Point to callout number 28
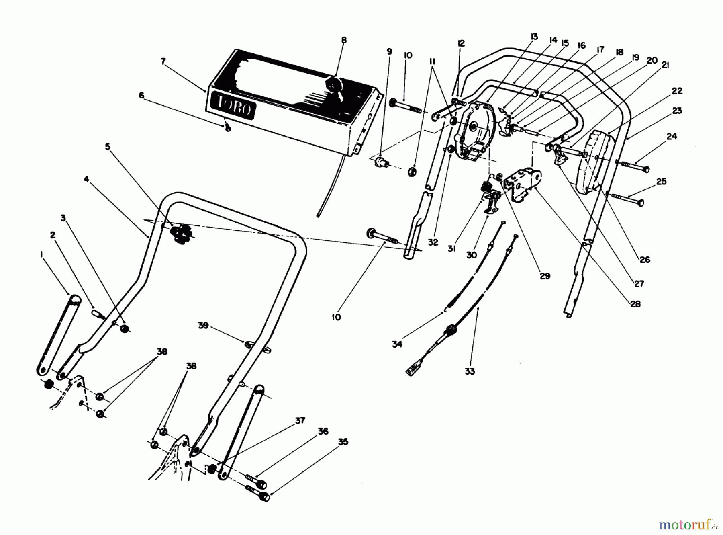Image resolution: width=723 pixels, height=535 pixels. pos(635,304)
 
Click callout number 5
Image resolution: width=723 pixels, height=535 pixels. pos(107,147)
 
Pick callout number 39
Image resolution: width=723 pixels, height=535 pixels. pos(203,325)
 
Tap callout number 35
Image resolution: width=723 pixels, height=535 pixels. pos(343,442)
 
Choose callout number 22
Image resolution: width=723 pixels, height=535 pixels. pos(677,91)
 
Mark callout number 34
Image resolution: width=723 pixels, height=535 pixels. pos(397,344)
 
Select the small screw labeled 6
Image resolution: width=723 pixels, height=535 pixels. pos(228,128)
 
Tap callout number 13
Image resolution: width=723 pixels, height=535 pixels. pos(533,37)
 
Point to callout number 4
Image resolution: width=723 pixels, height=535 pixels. pos(86,179)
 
